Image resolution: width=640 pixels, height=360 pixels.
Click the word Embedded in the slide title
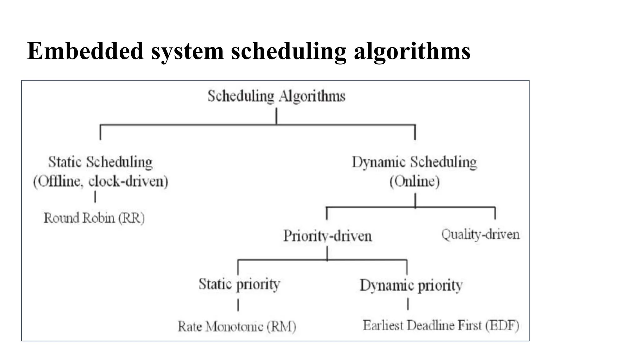click(85, 51)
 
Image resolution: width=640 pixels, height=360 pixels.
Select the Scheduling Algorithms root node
click(276, 96)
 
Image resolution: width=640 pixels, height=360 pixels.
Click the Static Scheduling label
click(100, 162)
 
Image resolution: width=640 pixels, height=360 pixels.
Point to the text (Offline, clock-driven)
click(100, 181)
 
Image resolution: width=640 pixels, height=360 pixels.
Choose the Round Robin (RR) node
click(94, 218)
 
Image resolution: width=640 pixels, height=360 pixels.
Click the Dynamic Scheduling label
click(414, 162)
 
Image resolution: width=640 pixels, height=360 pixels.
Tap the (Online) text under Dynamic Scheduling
click(414, 181)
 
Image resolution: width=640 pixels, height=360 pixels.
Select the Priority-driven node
click(327, 236)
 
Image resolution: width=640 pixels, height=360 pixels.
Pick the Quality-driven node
click(480, 234)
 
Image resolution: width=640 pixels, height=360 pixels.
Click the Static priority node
click(239, 284)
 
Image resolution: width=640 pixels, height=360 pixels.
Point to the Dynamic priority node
click(411, 285)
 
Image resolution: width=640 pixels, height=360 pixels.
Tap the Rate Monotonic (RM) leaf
click(237, 327)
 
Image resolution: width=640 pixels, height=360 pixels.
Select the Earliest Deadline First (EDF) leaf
click(441, 326)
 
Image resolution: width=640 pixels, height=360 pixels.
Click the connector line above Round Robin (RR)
click(95, 197)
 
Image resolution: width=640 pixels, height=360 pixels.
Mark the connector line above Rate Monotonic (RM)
click(238, 305)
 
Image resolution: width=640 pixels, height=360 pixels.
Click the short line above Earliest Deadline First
click(408, 304)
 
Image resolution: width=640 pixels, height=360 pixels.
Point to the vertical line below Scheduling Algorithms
click(276, 116)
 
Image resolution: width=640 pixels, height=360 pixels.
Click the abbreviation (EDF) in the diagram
click(502, 326)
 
